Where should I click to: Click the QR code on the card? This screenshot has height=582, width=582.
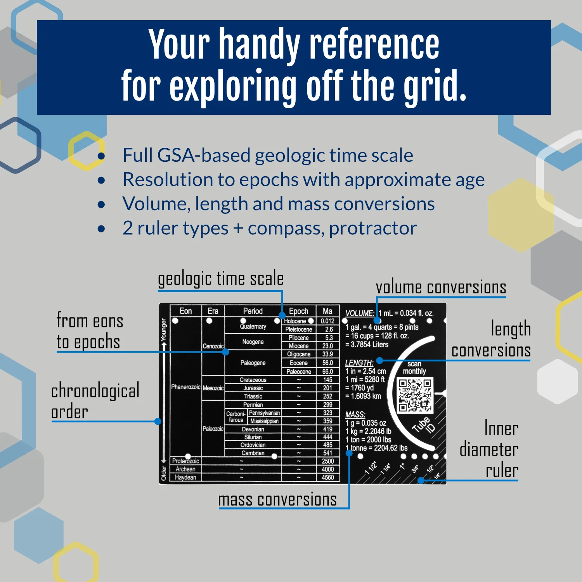tap(415, 395)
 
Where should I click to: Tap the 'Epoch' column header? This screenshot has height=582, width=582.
tap(298, 311)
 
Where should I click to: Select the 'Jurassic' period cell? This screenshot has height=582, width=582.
tap(253, 388)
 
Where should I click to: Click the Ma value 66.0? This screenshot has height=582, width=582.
tap(327, 372)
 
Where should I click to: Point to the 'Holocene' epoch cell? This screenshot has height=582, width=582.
tap(295, 321)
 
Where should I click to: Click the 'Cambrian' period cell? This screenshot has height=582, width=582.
tap(253, 453)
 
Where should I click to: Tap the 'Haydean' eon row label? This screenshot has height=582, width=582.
tap(185, 478)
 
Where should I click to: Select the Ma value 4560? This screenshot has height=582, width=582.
tap(328, 478)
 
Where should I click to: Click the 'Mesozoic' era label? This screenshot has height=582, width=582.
tap(213, 388)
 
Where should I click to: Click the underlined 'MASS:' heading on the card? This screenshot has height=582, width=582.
tap(355, 415)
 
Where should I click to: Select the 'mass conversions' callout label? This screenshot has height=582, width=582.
tap(277, 499)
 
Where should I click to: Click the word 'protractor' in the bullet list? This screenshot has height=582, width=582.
tap(373, 228)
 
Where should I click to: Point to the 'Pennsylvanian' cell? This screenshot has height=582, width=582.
tap(264, 413)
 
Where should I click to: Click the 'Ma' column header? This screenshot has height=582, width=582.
tap(327, 311)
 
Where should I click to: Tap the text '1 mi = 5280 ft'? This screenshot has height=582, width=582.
tap(365, 379)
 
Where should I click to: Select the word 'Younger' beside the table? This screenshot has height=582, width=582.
tap(164, 330)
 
